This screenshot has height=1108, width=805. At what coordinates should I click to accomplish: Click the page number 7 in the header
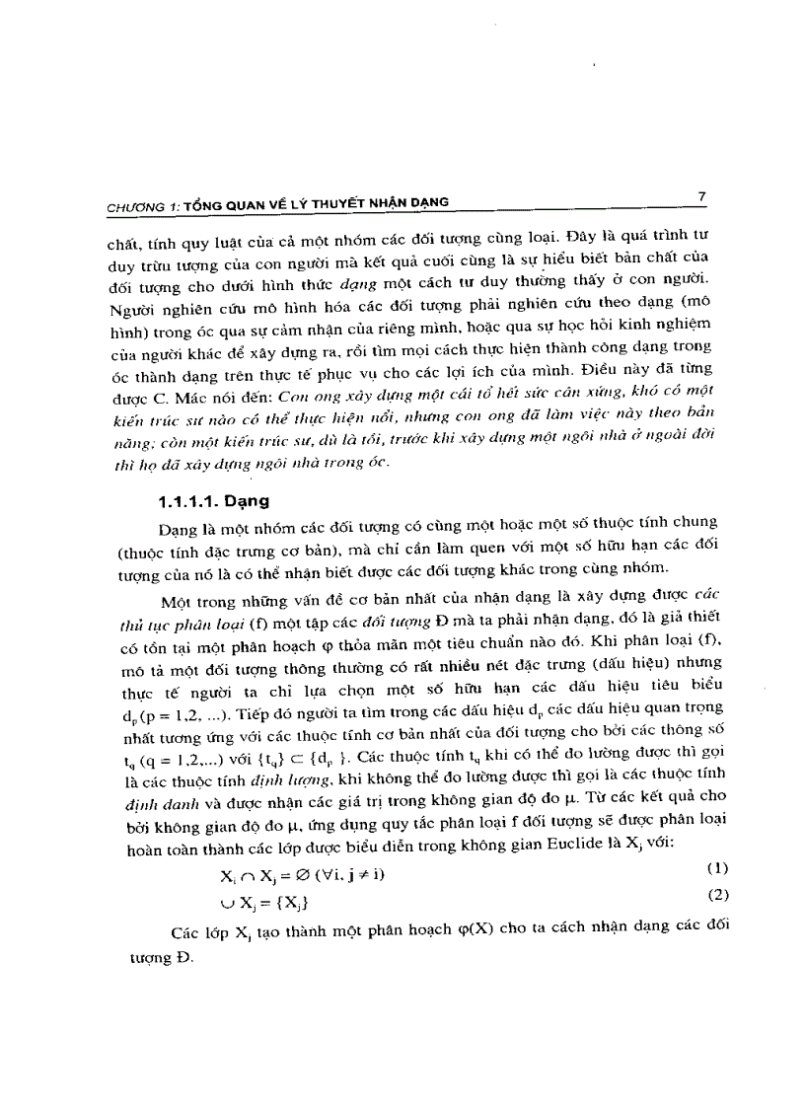click(701, 196)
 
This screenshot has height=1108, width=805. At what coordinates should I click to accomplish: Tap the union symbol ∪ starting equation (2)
click(226, 901)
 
